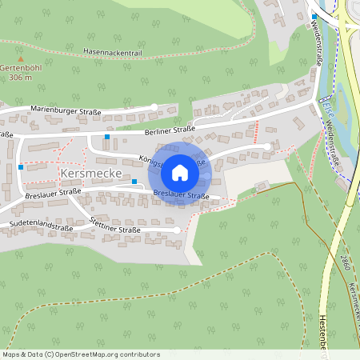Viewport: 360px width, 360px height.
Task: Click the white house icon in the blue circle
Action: pos(180,173)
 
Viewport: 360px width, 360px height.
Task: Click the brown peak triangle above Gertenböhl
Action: pos(21,59)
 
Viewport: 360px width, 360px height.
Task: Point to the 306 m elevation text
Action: pos(21,78)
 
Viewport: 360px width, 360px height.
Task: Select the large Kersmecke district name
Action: pos(90,173)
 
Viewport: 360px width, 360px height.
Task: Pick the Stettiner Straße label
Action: pos(116,225)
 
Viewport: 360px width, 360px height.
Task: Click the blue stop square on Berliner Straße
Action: pos(107,137)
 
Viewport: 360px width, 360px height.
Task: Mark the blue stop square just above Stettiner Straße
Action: pos(134,204)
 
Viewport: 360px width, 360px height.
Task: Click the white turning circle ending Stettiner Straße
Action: pos(177,230)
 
